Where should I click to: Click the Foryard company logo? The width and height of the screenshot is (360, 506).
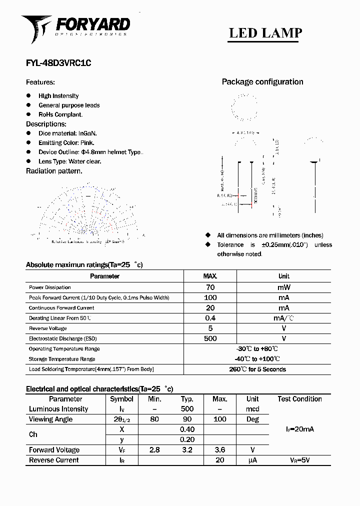coord(75,28)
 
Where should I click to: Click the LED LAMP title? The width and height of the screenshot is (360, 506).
coord(265,33)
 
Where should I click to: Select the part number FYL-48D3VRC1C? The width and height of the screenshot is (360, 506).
coord(58,63)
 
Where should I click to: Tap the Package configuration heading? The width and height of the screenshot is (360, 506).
coord(262,82)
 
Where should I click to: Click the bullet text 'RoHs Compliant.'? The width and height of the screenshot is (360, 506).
coord(60,114)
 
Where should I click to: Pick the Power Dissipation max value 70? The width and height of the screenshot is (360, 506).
coord(210,287)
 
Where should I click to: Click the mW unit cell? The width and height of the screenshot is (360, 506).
coord(283,287)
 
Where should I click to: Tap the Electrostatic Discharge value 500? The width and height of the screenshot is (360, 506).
coord(210,338)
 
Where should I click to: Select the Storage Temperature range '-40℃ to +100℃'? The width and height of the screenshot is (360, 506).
coord(257,359)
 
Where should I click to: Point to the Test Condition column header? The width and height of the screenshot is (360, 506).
coord(299,399)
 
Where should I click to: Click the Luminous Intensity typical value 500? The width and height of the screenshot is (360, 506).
coord(187,409)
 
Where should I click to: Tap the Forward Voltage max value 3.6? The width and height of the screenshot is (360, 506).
coord(219,450)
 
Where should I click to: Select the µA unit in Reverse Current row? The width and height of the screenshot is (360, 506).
coord(252,460)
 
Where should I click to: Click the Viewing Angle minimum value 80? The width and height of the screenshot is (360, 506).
coord(154,419)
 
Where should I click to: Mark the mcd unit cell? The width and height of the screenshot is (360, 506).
coord(252,409)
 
